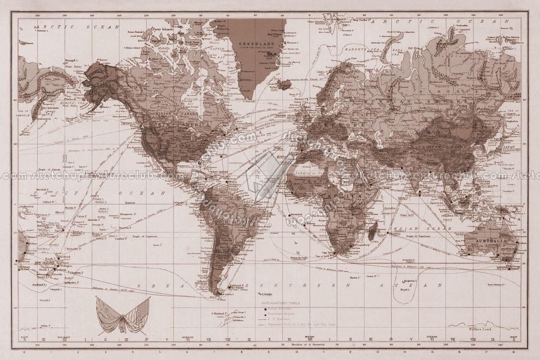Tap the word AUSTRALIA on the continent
pos(493,241)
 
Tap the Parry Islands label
pos(162,28)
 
